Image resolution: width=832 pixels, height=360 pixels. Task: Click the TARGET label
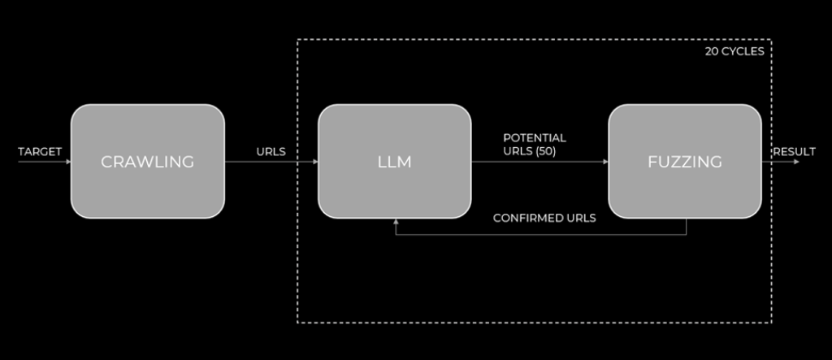coord(40,151)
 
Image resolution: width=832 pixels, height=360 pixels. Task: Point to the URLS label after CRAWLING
coord(271,151)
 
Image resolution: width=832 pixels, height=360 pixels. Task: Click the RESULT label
coord(795,151)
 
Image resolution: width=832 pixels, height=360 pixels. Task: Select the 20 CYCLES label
coord(734,51)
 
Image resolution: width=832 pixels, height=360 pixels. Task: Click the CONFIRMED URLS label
coord(544,218)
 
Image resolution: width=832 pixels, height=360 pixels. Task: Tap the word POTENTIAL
coord(535,137)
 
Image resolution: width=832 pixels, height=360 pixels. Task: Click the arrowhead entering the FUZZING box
coord(605,162)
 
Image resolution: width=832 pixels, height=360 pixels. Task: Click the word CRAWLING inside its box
coord(147,162)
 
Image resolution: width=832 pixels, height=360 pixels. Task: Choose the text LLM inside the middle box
coord(395,162)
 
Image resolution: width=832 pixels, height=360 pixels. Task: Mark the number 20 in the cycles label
coord(712,51)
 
